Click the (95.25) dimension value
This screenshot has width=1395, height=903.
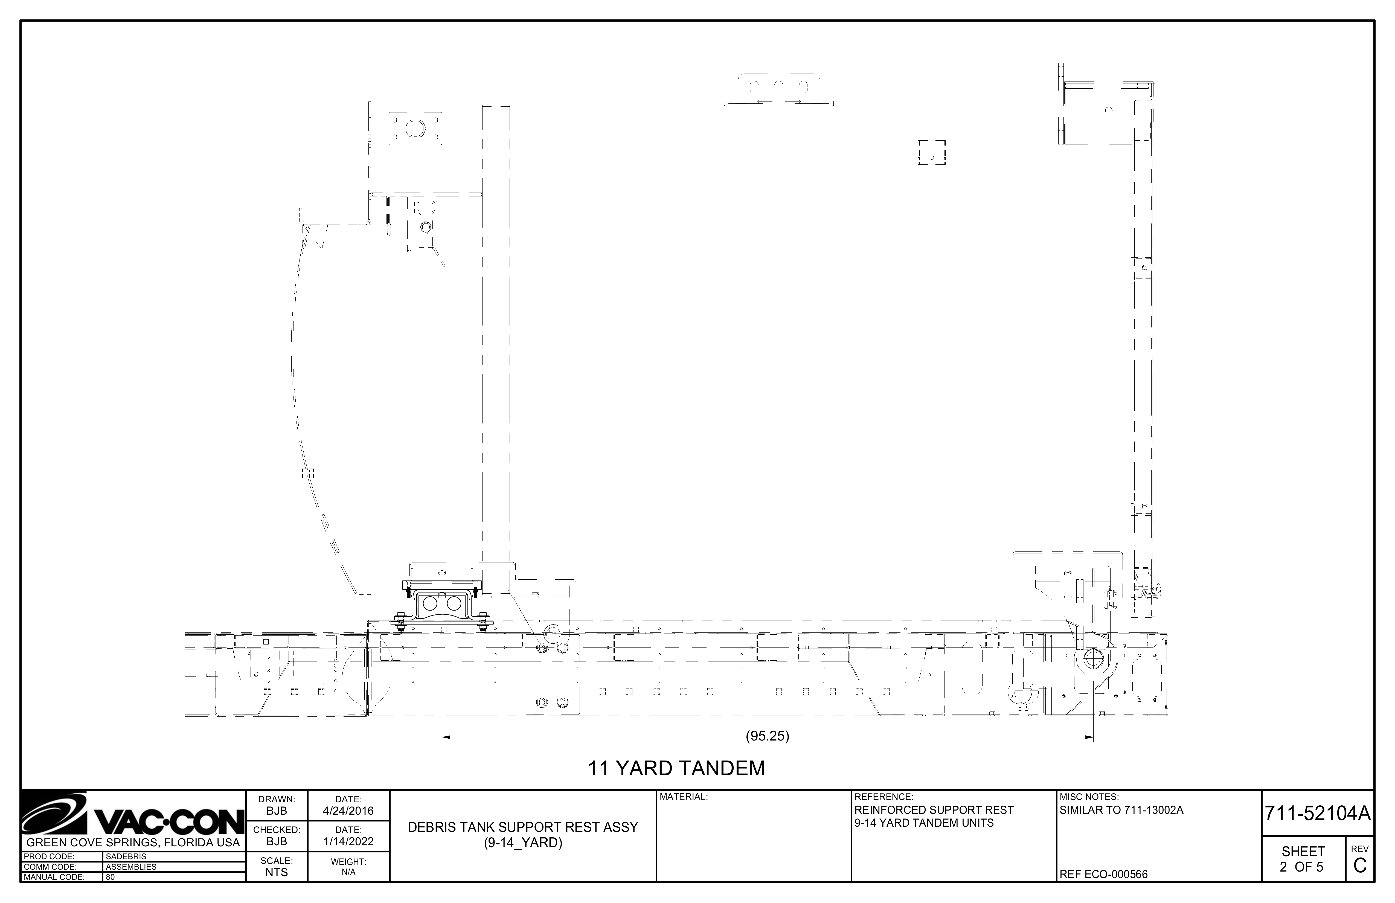coord(767,736)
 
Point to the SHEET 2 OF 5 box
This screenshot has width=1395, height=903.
coord(1302,859)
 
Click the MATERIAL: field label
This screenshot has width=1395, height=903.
coord(684,797)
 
